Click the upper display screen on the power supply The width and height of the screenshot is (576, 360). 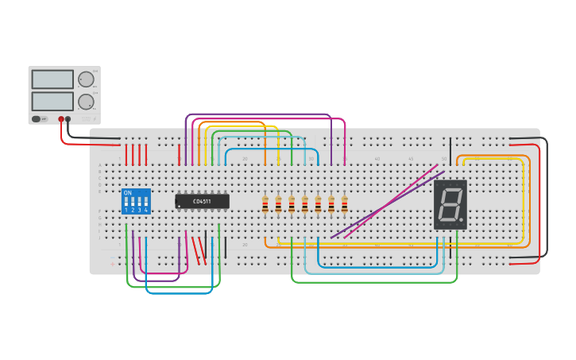click(x=52, y=79)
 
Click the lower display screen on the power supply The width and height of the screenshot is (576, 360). click(x=52, y=101)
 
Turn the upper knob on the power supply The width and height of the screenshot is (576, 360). click(x=85, y=79)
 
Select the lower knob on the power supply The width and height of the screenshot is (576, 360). click(x=85, y=102)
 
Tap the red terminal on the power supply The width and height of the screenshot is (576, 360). click(x=61, y=119)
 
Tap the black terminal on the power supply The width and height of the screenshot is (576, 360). click(x=68, y=119)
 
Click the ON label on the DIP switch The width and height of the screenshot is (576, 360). click(x=128, y=193)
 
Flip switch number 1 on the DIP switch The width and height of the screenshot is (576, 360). click(x=126, y=203)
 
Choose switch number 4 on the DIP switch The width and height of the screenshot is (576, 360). click(x=145, y=203)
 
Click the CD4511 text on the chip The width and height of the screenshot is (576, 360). click(x=202, y=201)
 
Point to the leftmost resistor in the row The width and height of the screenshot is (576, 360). click(x=265, y=204)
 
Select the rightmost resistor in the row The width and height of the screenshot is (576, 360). click(x=344, y=204)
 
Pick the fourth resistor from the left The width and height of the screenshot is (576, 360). click(x=305, y=204)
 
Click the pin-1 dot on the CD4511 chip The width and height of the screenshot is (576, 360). click(x=179, y=206)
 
